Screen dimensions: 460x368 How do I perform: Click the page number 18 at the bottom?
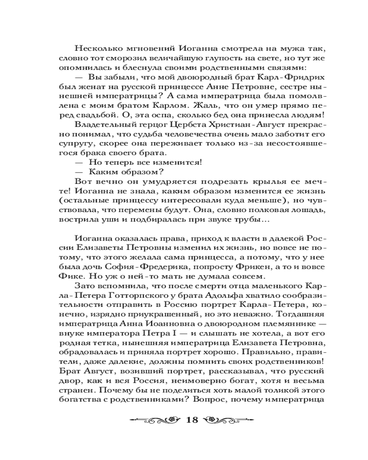[191, 420]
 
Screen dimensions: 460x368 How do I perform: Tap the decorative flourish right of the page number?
[226, 420]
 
